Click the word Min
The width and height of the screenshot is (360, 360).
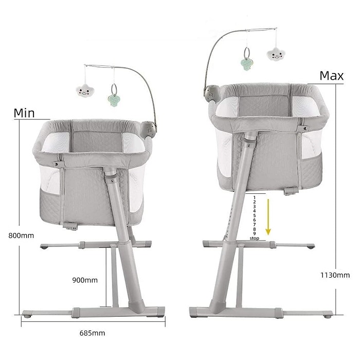tap(24, 113)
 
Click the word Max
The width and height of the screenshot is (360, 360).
tap(332, 76)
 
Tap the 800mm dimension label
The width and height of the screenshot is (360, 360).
tap(21, 236)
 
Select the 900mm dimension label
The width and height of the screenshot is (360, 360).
tap(85, 280)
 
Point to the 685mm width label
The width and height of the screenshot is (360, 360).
tap(92, 333)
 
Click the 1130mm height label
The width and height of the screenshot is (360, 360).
tap(335, 275)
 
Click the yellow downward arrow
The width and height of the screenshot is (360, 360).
tap(268, 217)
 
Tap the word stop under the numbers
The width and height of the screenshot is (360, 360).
tap(255, 238)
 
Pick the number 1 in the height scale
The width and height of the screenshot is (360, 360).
tap(254, 197)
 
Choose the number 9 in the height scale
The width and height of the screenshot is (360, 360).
tap(254, 233)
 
